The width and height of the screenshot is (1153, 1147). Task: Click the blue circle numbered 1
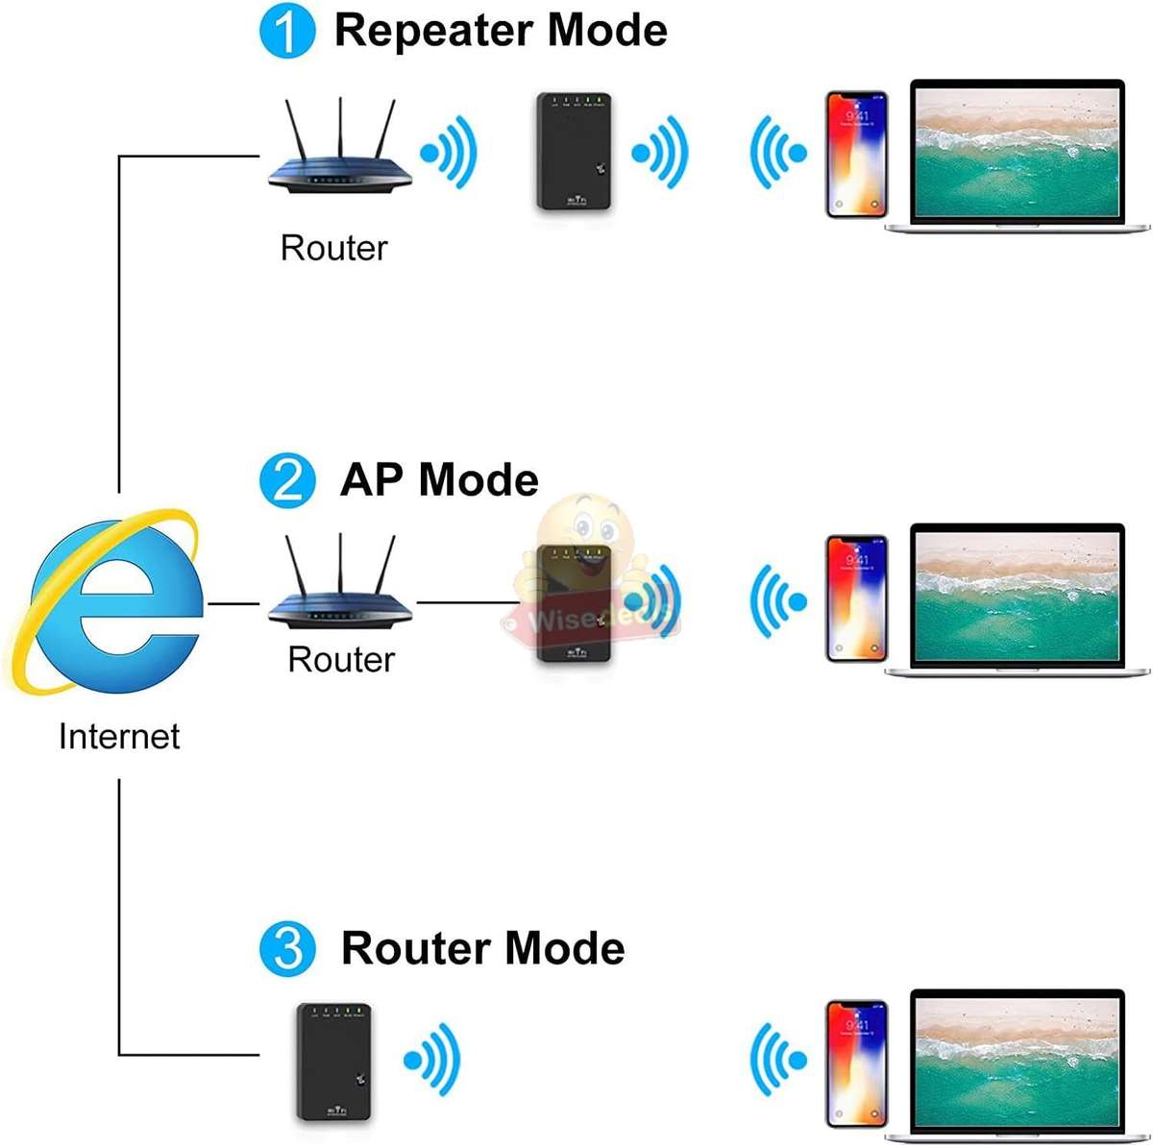click(287, 32)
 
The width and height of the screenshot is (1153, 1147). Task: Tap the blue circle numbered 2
click(287, 480)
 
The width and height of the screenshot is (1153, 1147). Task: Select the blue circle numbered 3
click(287, 948)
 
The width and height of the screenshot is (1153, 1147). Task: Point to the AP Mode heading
click(439, 480)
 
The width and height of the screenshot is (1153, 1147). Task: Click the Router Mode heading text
click(482, 948)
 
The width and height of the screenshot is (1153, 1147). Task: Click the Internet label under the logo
click(119, 737)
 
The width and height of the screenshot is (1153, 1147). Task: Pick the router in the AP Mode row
click(339, 586)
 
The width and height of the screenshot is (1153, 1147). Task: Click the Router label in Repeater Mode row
click(333, 248)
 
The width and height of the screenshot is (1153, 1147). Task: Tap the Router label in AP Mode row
click(341, 660)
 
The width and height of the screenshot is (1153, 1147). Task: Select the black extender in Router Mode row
click(333, 1062)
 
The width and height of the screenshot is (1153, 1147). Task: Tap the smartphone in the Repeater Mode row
click(856, 154)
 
